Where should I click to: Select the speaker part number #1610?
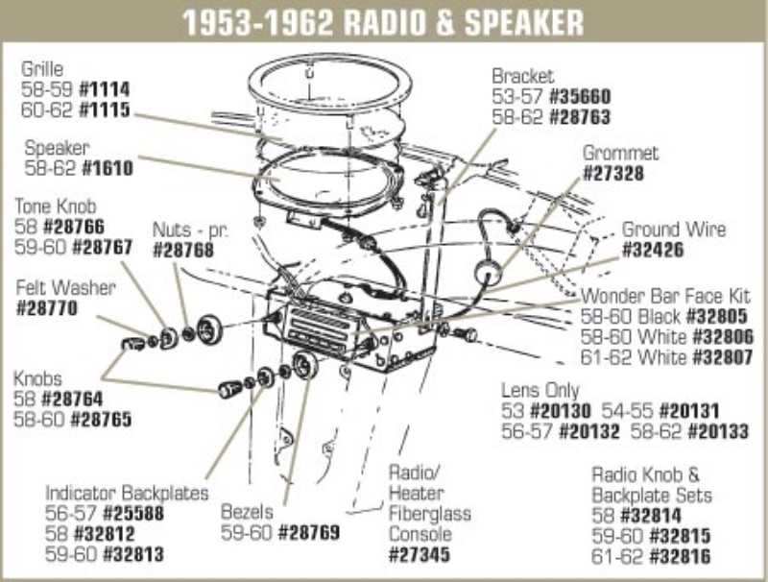107,168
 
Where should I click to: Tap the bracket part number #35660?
579,96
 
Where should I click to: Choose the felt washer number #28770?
47,308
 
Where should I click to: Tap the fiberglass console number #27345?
420,554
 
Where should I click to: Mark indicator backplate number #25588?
134,513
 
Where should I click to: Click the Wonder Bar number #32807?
721,358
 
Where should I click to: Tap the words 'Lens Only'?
540,391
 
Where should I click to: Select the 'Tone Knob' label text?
55,206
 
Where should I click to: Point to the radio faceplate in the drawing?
321,327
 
